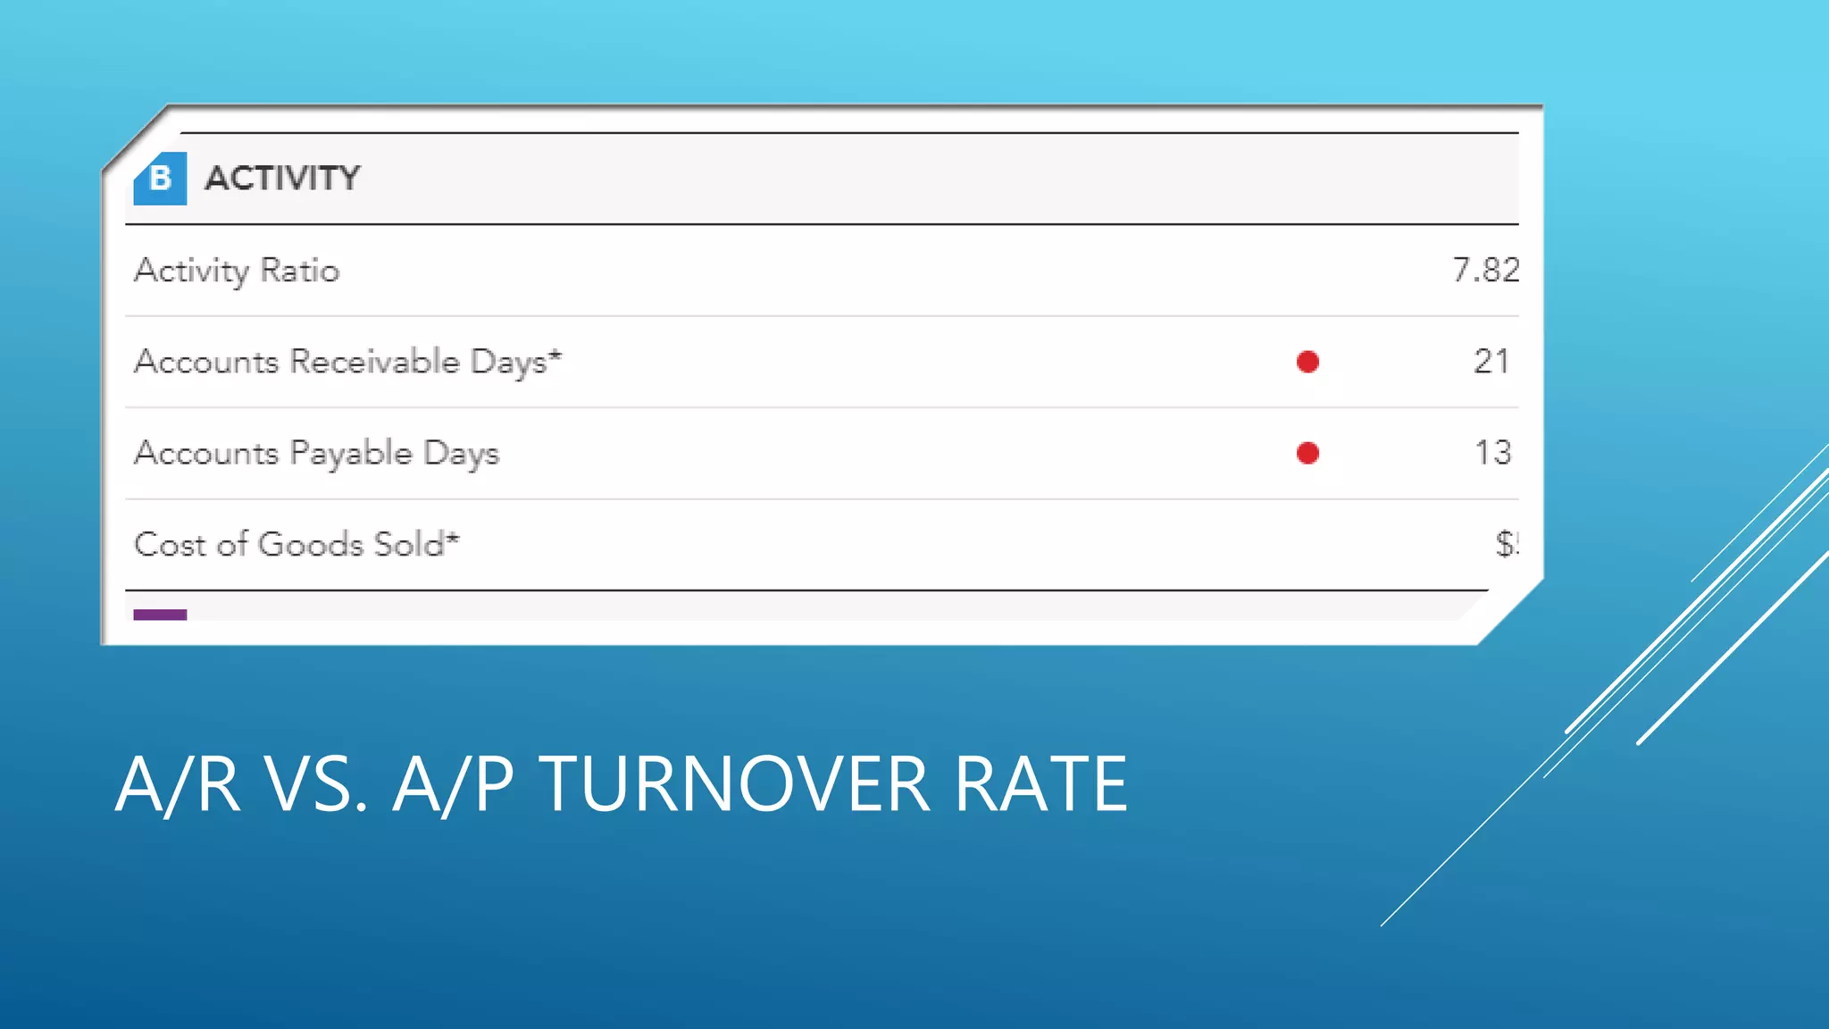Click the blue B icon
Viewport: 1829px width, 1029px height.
[x=160, y=179]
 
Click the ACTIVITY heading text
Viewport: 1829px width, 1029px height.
[x=282, y=179]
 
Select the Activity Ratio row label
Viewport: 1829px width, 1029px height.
[x=237, y=271]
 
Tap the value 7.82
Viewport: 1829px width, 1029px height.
[x=1485, y=270]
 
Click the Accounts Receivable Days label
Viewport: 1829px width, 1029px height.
[x=347, y=362]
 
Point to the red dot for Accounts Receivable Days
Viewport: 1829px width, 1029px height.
[x=1307, y=362]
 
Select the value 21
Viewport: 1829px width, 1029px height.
[x=1491, y=362]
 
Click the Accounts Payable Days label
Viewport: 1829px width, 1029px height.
[x=316, y=454]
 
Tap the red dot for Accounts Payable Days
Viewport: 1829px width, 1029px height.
[x=1307, y=454]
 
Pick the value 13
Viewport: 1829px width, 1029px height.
[x=1492, y=453]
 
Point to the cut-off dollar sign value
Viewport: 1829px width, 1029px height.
[x=1507, y=544]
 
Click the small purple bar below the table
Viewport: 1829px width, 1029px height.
[x=160, y=615]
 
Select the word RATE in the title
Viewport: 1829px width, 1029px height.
[x=1040, y=784]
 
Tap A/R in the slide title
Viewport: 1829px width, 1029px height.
[x=178, y=784]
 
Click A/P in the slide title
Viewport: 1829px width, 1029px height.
[x=453, y=784]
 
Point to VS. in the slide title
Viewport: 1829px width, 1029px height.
[x=317, y=784]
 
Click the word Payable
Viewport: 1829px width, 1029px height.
[x=351, y=454]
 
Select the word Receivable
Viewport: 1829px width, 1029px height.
[x=375, y=362]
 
